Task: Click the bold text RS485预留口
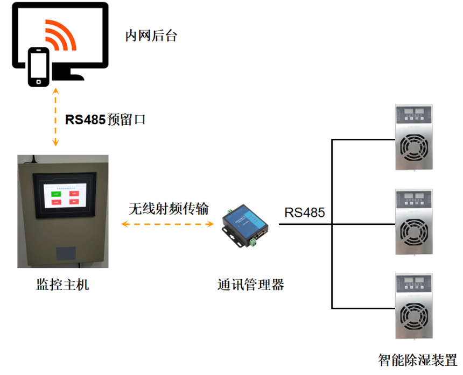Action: [x=105, y=119]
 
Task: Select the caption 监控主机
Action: [x=62, y=284]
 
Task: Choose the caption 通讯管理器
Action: [x=250, y=284]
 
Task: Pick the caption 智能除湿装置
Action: [x=417, y=359]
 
